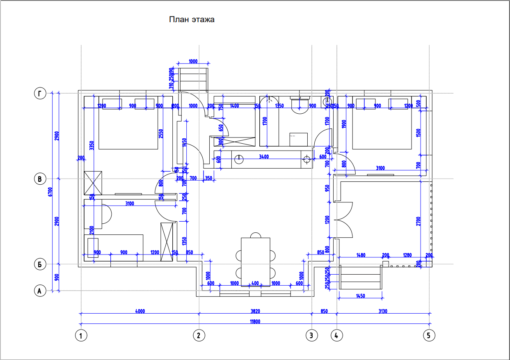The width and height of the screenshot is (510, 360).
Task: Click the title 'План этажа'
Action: (192, 19)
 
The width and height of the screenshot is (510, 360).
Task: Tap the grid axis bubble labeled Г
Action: (39, 94)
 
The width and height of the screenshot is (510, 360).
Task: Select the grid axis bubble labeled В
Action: (39, 179)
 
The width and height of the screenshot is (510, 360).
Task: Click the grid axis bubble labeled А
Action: (39, 291)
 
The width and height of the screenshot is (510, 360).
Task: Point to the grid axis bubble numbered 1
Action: (81, 336)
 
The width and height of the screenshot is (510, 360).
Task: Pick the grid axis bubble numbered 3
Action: (311, 336)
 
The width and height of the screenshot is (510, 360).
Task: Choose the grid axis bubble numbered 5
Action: (429, 336)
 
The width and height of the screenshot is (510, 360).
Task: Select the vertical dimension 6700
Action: (50, 192)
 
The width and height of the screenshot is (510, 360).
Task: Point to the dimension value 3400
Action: (264, 156)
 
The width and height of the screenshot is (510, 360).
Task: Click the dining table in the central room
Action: (256, 261)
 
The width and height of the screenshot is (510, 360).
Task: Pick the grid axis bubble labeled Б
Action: (39, 264)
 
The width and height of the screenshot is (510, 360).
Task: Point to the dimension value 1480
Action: (361, 255)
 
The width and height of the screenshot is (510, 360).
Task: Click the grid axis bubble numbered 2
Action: (199, 336)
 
